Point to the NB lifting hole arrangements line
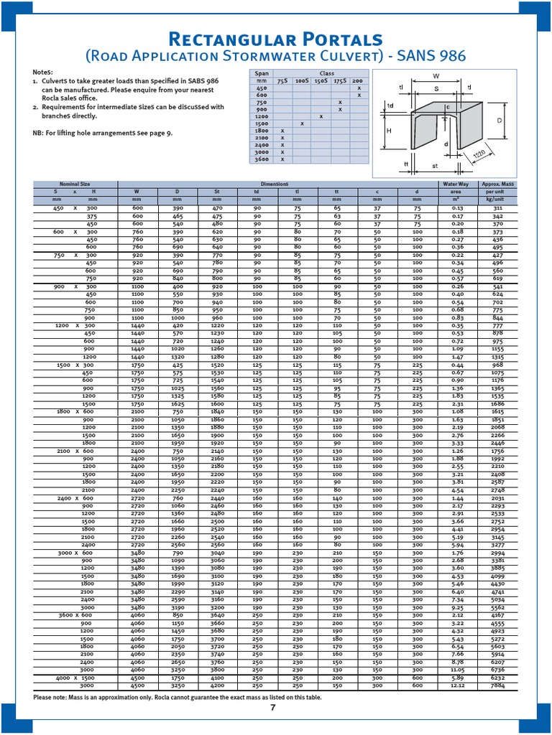point(102,134)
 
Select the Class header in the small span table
point(326,73)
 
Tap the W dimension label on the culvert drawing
point(436,75)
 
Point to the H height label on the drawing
point(389,131)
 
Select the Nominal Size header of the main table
point(75,184)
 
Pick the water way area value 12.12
point(457,685)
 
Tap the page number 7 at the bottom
point(273,708)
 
